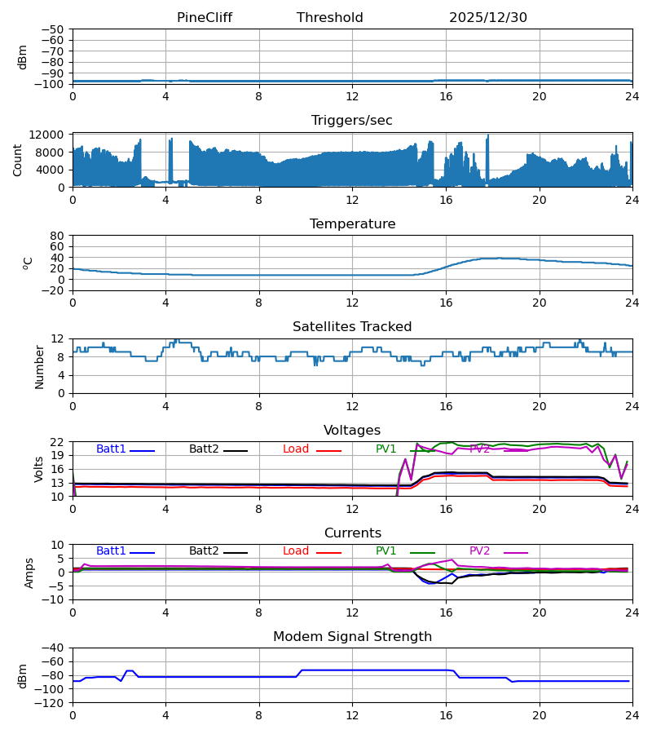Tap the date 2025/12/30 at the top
point(488,18)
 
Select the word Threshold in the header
point(330,18)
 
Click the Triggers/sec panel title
point(352,121)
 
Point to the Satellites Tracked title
point(352,327)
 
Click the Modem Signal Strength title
point(352,637)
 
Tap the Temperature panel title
point(352,224)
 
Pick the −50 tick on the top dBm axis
point(53,29)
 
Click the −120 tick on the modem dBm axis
point(50,703)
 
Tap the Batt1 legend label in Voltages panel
point(111,449)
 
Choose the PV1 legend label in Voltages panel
point(385,449)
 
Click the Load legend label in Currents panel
point(296,551)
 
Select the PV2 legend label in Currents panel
point(479,551)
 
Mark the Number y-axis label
point(40,366)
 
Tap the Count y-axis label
point(18,160)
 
